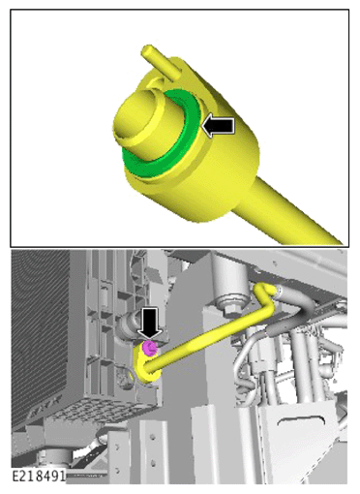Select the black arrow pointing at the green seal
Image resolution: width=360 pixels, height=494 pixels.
pyautogui.click(x=219, y=125)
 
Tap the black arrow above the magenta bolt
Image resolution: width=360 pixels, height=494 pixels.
pyautogui.click(x=150, y=324)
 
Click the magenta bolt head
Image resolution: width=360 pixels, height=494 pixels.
pyautogui.click(x=150, y=348)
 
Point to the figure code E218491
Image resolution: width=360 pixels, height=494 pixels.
pyautogui.click(x=39, y=476)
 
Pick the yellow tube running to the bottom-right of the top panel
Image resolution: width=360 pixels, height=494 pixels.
pyautogui.click(x=284, y=210)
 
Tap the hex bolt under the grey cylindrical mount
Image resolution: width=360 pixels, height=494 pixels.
pyautogui.click(x=230, y=309)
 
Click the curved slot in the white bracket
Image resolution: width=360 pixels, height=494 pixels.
pyautogui.click(x=302, y=420)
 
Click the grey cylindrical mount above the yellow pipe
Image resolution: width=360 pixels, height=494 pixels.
pyautogui.click(x=231, y=279)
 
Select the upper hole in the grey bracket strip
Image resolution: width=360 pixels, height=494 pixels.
pyautogui.click(x=153, y=438)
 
